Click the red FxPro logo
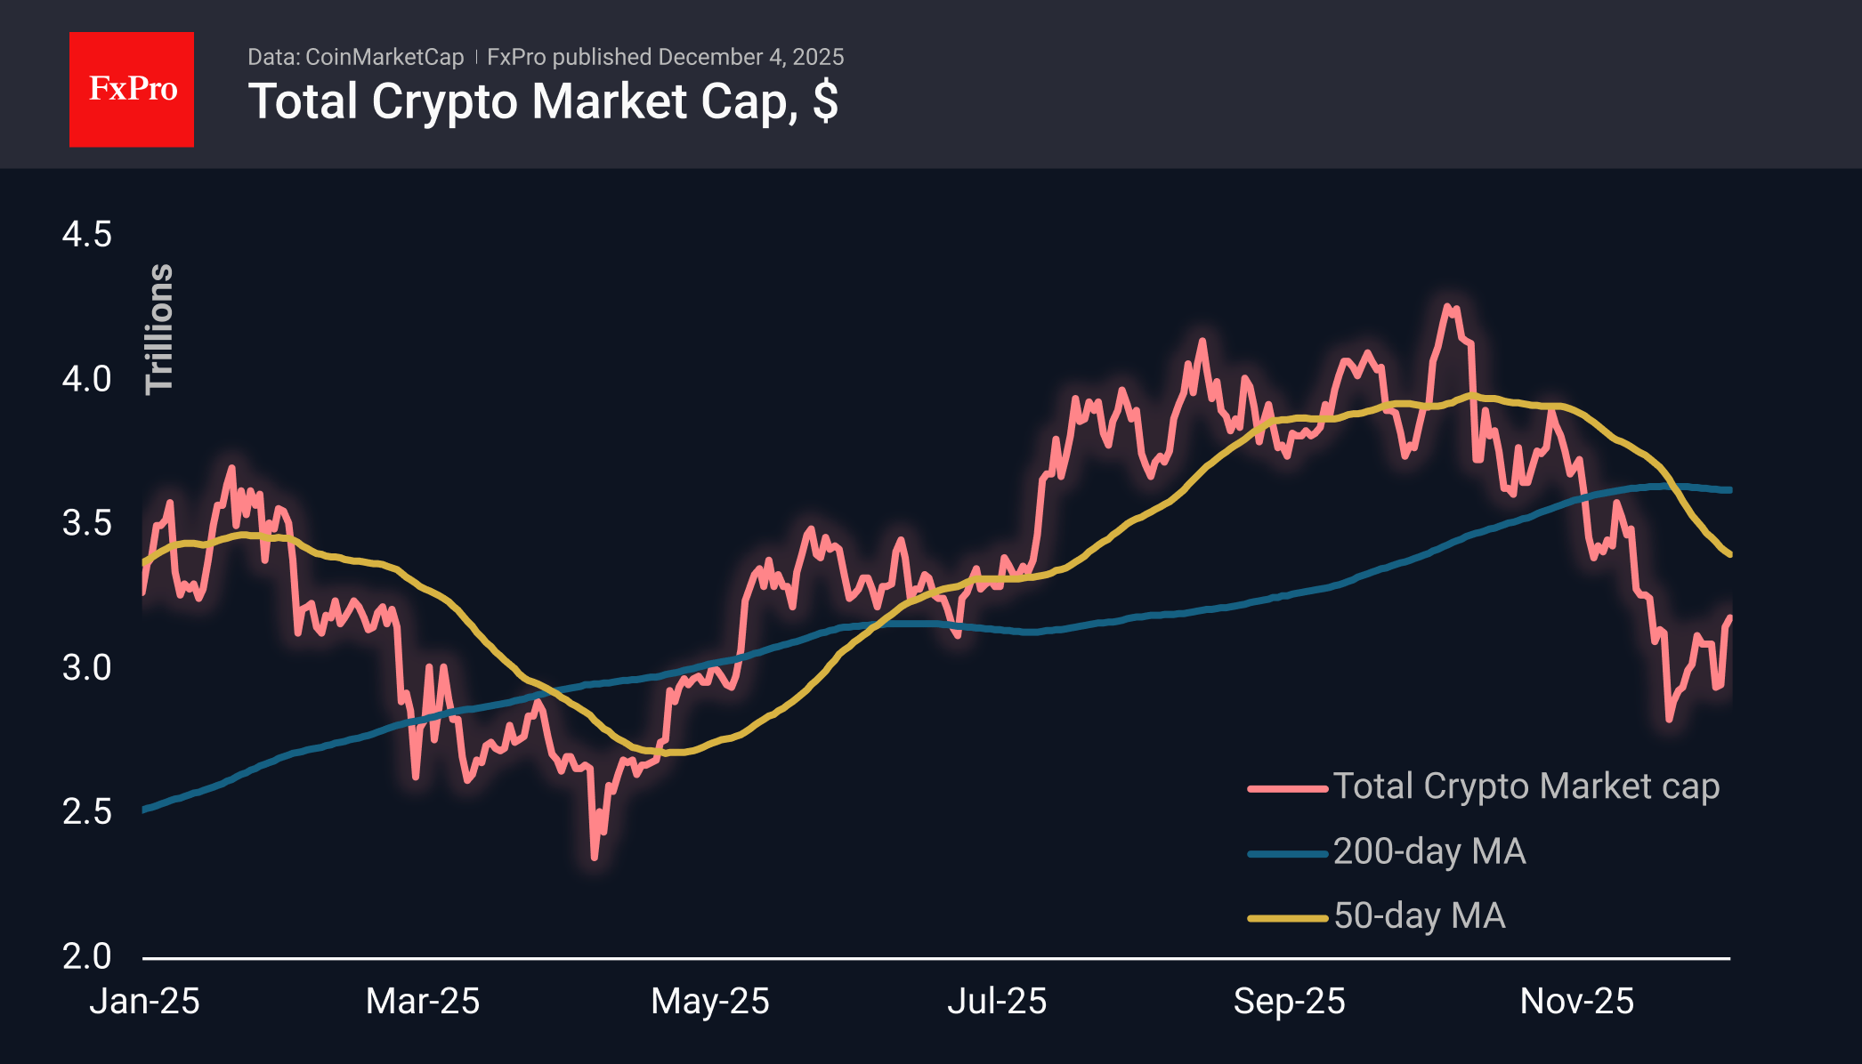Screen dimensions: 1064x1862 click(x=132, y=89)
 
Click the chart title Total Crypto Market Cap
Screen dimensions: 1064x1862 click(x=542, y=101)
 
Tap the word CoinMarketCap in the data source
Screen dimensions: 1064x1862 click(x=384, y=57)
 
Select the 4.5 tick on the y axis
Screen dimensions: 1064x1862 click(x=86, y=235)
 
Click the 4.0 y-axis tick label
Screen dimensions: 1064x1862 click(x=86, y=379)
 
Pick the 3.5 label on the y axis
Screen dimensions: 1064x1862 click(x=86, y=523)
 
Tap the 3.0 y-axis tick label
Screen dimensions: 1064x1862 click(x=86, y=667)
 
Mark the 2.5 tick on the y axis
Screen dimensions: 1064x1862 click(x=86, y=811)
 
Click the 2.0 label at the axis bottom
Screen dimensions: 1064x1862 click(x=86, y=956)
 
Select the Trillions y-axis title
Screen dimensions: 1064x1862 click(x=159, y=329)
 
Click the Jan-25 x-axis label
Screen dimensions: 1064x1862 click(x=144, y=1002)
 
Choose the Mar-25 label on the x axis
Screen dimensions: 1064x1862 click(x=423, y=1002)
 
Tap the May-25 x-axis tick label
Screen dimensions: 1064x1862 click(x=709, y=1002)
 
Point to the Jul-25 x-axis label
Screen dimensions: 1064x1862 click(x=997, y=1002)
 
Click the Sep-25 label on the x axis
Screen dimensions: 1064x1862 click(x=1289, y=1002)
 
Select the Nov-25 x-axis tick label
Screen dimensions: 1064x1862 click(x=1576, y=1002)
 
